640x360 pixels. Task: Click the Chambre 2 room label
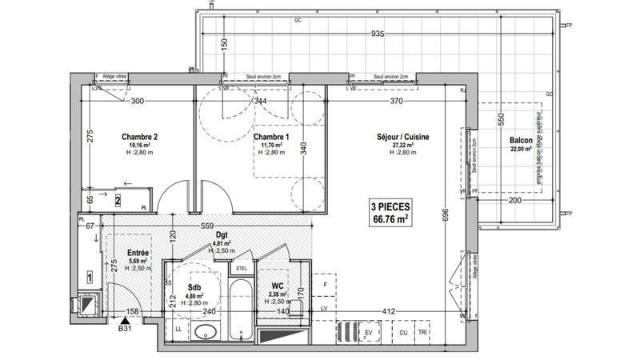point(138,137)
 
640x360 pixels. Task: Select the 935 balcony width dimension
point(378,34)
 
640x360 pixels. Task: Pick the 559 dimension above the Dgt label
point(206,226)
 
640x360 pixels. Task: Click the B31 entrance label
point(125,327)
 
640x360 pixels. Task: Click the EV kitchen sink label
point(370,332)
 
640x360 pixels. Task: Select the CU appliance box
point(403,332)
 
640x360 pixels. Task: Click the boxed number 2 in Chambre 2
point(118,201)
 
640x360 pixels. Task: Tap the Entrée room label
point(138,253)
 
